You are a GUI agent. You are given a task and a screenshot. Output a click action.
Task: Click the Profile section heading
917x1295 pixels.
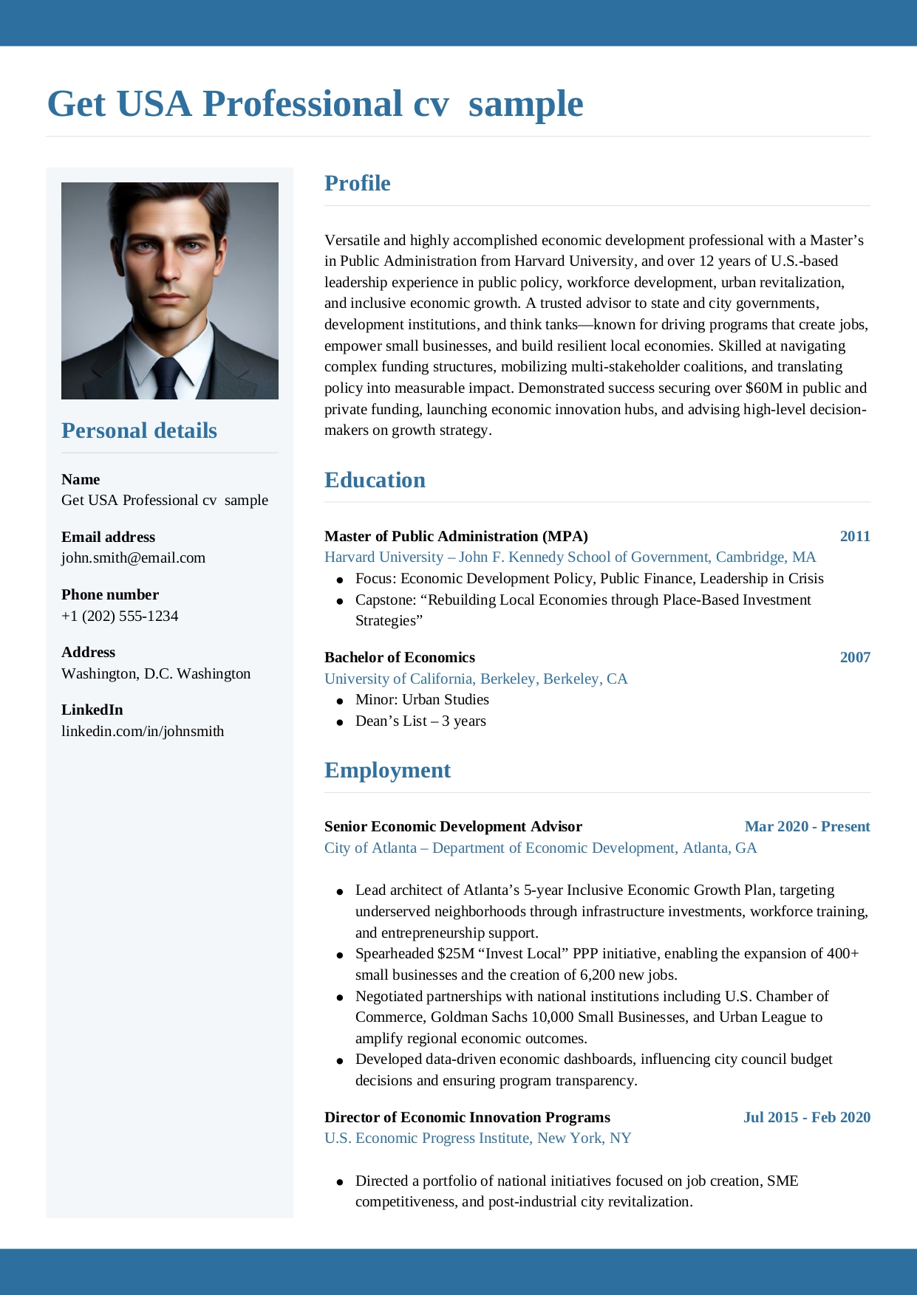tap(357, 183)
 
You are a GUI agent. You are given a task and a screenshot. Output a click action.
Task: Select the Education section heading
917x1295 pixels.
tap(375, 480)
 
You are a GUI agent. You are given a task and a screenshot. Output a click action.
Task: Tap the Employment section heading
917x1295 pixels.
tap(387, 770)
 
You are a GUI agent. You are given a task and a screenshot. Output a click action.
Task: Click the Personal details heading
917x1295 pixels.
tap(139, 430)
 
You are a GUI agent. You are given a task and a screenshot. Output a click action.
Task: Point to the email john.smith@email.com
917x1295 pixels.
tap(133, 558)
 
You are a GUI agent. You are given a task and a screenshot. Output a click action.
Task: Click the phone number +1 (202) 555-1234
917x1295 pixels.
tap(120, 616)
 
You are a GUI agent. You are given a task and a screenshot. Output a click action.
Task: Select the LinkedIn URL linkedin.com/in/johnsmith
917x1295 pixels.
tap(143, 731)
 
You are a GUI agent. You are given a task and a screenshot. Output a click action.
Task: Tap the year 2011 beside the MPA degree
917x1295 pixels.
tap(855, 536)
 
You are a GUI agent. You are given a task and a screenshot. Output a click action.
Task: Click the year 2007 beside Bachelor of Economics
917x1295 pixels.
tap(855, 657)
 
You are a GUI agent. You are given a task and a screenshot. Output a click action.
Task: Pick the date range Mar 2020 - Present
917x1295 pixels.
tap(807, 826)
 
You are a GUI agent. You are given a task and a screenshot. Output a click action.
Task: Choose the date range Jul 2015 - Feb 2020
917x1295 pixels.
tap(806, 1117)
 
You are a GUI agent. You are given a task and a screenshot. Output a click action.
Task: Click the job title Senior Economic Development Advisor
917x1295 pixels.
tap(453, 826)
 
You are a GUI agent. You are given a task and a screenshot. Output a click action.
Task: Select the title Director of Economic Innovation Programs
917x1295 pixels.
tap(467, 1117)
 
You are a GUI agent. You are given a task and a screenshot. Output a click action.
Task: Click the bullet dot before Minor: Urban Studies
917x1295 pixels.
tap(340, 701)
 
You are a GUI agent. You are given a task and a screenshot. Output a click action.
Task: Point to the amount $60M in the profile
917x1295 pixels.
tap(763, 388)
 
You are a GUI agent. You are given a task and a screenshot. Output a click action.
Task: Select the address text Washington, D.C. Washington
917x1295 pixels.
tap(156, 673)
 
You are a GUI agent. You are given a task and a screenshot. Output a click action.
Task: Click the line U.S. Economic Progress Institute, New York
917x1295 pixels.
tap(477, 1138)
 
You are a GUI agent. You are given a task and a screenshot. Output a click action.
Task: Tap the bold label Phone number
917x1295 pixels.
tap(110, 594)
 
